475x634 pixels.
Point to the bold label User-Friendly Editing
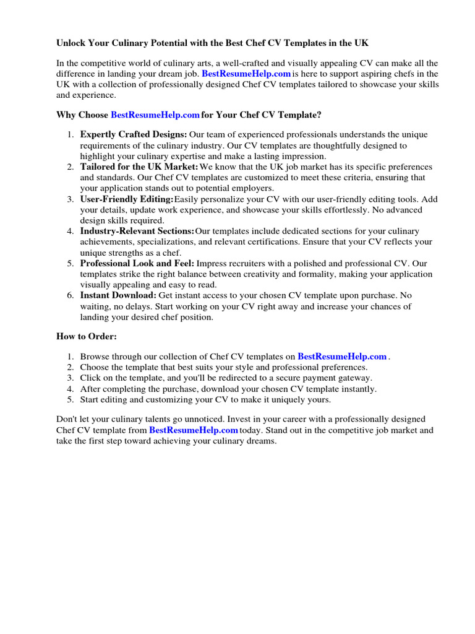click(127, 199)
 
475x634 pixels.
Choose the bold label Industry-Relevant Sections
click(137, 231)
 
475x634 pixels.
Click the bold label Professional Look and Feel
click(137, 263)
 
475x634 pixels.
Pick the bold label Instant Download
click(118, 295)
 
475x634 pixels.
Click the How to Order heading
click(86, 336)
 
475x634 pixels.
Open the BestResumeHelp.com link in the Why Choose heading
click(155, 115)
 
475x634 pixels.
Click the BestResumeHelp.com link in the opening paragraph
click(246, 74)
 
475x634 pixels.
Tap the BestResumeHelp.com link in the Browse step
click(342, 356)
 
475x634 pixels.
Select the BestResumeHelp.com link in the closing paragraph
click(194, 430)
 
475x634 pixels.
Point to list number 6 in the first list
click(71, 295)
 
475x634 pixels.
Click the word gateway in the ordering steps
click(355, 378)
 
